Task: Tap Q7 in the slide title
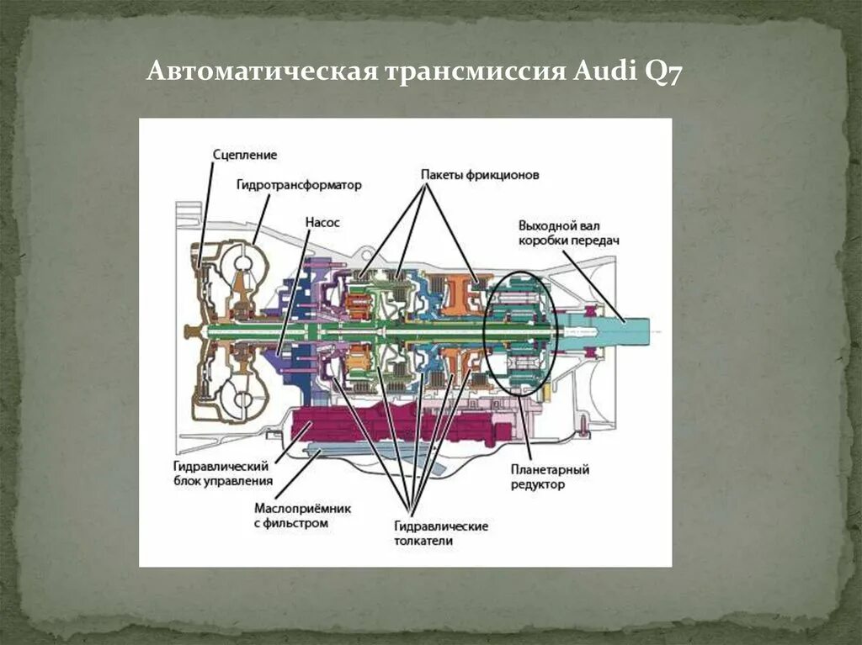(x=662, y=72)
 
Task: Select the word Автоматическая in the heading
(x=262, y=72)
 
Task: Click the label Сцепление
(x=245, y=155)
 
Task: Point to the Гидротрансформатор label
(x=299, y=185)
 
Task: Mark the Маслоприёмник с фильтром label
(x=302, y=515)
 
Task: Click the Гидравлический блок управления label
(x=222, y=473)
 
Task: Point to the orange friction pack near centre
(x=459, y=294)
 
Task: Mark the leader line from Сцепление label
(x=205, y=210)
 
